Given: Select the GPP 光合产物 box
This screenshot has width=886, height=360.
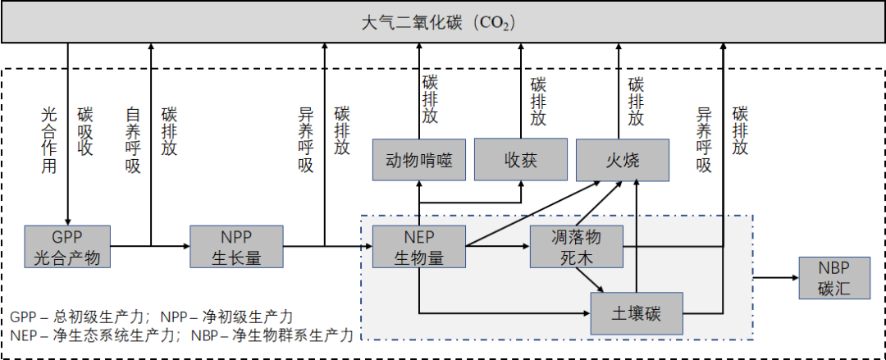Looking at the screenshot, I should tap(67, 245).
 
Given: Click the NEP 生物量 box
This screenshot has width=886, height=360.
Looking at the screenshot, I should tap(418, 245).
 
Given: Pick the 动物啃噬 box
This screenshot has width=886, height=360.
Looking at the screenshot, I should tap(418, 160).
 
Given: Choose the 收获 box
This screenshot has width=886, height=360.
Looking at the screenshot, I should tap(521, 160).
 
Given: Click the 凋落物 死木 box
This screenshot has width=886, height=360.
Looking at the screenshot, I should tap(576, 246).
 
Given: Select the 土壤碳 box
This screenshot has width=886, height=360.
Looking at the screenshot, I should tap(637, 313).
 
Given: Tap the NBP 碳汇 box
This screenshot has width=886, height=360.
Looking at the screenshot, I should tap(833, 277).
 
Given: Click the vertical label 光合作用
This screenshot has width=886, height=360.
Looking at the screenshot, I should tap(49, 139).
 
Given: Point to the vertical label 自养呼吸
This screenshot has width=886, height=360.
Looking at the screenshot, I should tap(133, 139).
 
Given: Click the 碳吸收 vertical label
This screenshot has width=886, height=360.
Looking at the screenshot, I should tap(85, 130).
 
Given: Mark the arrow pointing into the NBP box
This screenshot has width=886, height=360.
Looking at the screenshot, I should tap(775, 277).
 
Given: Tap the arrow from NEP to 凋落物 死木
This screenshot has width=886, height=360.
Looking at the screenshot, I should tap(497, 245).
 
